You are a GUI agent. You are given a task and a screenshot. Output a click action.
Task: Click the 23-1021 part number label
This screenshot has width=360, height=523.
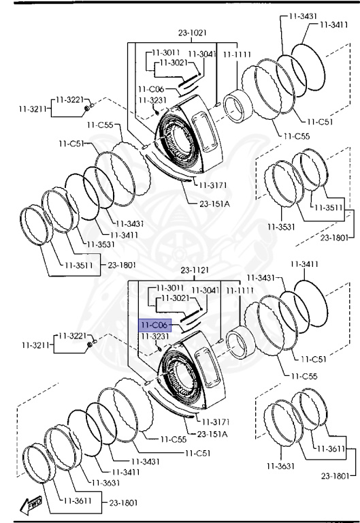[x=193, y=33]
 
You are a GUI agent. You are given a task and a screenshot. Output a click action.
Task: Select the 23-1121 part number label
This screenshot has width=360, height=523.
[x=195, y=270]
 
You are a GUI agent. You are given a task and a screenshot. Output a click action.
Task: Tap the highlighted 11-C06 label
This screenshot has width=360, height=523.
[x=154, y=326]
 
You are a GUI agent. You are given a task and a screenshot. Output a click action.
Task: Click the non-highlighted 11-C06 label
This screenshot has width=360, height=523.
[x=151, y=89]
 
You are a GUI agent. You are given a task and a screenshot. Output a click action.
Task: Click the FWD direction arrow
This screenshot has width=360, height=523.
[x=31, y=505]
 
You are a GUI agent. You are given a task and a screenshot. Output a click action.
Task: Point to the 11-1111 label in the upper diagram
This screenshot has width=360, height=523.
[x=237, y=54]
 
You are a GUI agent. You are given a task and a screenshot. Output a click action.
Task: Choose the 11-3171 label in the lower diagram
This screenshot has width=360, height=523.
[x=216, y=422]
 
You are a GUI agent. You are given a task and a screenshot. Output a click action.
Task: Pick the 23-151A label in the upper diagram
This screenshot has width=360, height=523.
[x=214, y=204]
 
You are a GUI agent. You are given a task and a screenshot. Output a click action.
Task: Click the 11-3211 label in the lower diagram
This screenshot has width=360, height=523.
[x=35, y=345]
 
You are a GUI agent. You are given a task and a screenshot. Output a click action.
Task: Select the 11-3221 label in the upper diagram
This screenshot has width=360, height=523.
[x=69, y=99]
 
